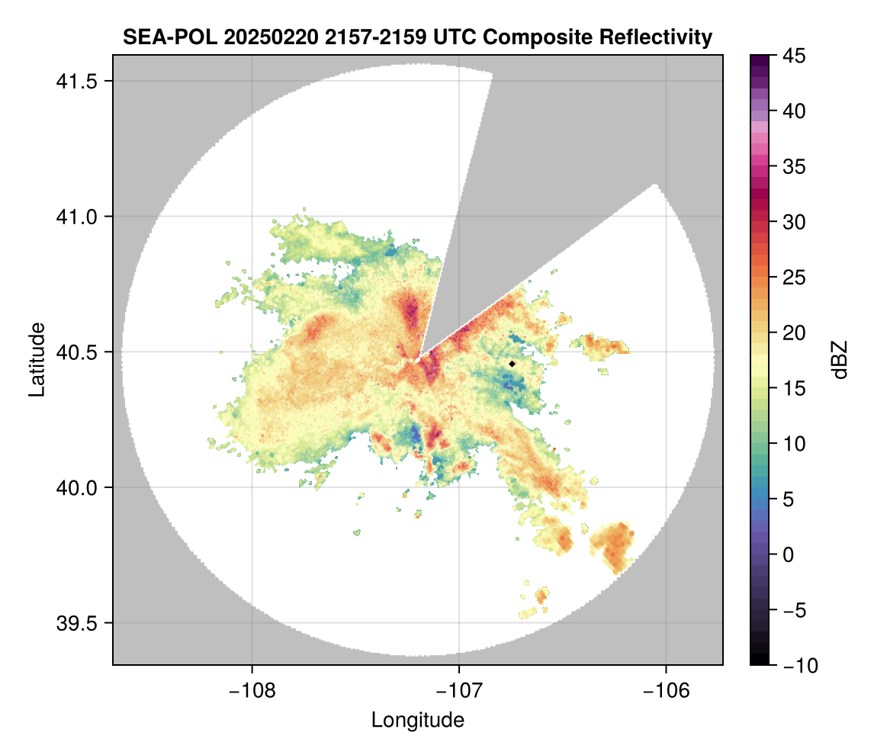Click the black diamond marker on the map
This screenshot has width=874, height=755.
513,364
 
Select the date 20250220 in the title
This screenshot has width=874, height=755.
245,37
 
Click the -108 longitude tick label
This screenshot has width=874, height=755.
252,690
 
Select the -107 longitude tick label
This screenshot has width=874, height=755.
459,690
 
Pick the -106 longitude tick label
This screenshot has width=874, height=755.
667,690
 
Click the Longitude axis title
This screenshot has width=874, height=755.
418,719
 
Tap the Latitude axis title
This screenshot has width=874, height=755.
37,359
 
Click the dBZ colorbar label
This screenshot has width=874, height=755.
840,360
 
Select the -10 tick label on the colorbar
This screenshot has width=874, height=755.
797,665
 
